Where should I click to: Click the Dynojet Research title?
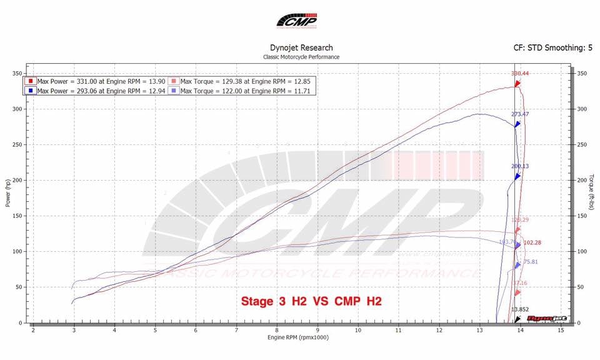(301, 47)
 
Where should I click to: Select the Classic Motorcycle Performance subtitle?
(301, 57)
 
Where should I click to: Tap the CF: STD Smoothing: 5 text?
(552, 47)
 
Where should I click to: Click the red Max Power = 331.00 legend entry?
(99, 81)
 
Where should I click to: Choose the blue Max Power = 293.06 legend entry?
(99, 91)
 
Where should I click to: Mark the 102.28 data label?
(532, 242)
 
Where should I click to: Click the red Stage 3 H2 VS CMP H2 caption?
(311, 301)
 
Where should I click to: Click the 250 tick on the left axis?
(17, 145)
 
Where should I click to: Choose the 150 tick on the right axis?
(581, 216)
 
